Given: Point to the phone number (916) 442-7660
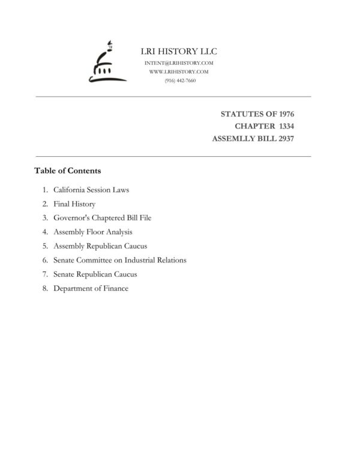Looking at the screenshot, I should [179, 80].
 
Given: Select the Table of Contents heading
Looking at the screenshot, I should [67, 171].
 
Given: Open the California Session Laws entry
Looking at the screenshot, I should [91, 190].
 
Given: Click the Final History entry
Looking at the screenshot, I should [74, 204].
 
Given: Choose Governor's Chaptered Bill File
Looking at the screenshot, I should [102, 218].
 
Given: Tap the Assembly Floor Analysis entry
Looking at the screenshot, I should [93, 232].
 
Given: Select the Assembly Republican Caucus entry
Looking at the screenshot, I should [100, 246].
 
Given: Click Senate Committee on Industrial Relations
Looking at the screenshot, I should [120, 260].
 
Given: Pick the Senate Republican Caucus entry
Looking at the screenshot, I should [95, 274].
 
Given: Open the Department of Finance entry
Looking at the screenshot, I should [91, 288].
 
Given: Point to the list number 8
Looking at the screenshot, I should [45, 288].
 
